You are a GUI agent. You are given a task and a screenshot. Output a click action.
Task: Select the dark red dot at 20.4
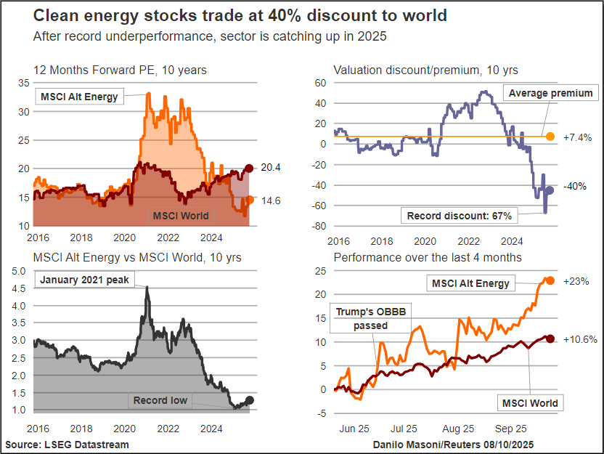(x=249, y=169)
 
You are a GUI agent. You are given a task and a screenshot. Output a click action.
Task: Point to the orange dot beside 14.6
(x=250, y=199)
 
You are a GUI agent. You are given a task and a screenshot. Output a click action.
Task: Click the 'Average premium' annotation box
(x=550, y=93)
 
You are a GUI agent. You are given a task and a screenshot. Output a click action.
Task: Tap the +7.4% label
(x=577, y=137)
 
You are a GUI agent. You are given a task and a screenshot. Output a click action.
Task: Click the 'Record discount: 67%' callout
(x=459, y=216)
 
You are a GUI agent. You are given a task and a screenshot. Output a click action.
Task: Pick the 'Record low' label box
(x=160, y=400)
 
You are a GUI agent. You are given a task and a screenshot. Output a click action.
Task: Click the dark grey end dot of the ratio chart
(x=250, y=400)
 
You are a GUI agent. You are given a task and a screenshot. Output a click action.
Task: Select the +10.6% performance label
(x=579, y=339)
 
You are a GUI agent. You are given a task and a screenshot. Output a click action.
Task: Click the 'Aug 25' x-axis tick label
(x=459, y=429)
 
